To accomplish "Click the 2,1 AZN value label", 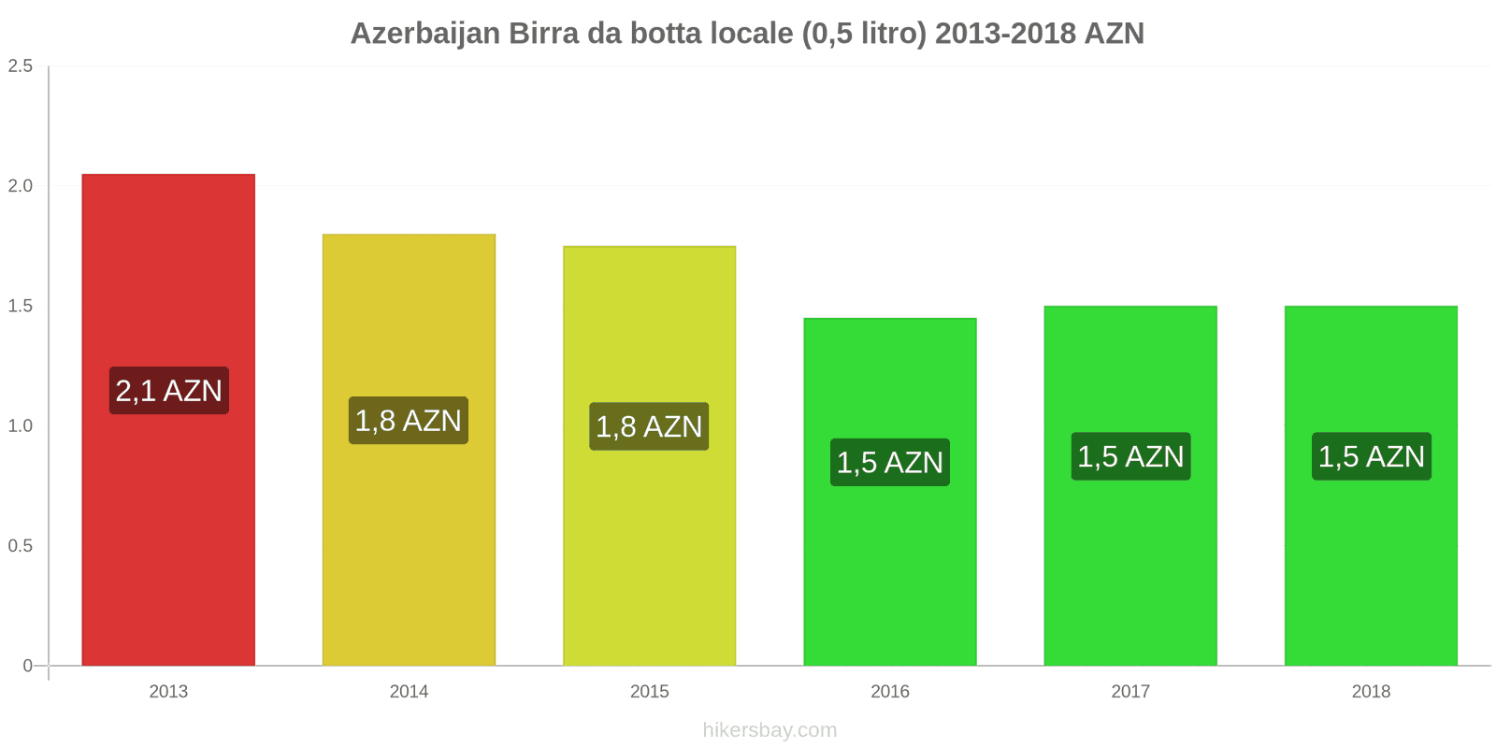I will click(x=168, y=391).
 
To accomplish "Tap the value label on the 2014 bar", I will click(x=409, y=421).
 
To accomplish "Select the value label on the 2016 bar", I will click(x=889, y=463).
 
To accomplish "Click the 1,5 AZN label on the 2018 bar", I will click(x=1371, y=456).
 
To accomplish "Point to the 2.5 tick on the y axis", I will click(x=21, y=66).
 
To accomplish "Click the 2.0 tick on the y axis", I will click(x=21, y=186).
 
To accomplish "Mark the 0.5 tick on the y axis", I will click(x=21, y=546).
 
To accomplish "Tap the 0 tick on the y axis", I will click(x=27, y=666).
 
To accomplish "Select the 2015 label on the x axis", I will click(x=649, y=692).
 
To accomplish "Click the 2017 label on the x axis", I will click(x=1130, y=692).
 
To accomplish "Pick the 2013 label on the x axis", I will click(x=168, y=692).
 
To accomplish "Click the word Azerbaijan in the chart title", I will click(x=425, y=34).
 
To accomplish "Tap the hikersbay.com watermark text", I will click(x=770, y=730).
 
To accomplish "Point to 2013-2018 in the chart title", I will click(x=1004, y=34).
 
